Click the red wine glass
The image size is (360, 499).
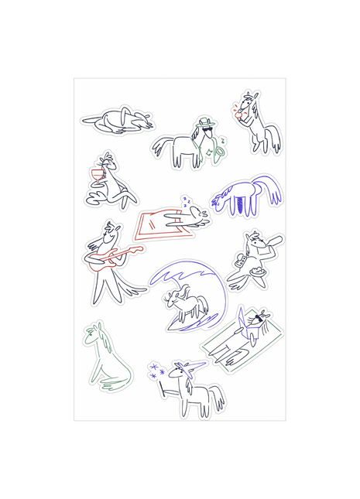point(97,174)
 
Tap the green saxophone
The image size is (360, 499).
point(220,151)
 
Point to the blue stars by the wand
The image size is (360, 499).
point(156,371)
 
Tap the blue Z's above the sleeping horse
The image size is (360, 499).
point(187,202)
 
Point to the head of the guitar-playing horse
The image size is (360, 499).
point(113,231)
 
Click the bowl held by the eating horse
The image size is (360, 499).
point(258,272)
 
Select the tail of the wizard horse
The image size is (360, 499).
point(220,398)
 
